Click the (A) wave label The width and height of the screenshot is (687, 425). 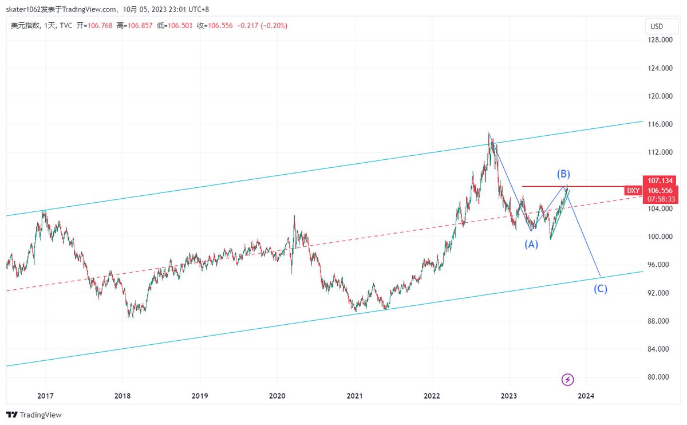pos(531,245)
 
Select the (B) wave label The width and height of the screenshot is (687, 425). pos(563,174)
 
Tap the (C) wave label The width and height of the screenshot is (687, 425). pos(600,289)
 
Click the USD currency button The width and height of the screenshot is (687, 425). pos(657,26)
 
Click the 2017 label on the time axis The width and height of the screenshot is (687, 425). pos(46,396)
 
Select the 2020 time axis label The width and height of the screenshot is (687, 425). pos(277,396)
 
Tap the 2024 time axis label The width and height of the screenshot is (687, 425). pos(586,396)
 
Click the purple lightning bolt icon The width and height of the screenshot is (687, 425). pos(567,379)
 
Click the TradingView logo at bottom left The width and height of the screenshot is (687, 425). pos(34,415)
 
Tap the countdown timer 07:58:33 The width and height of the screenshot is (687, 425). pos(660,199)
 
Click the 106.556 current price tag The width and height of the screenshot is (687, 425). pos(660,191)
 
